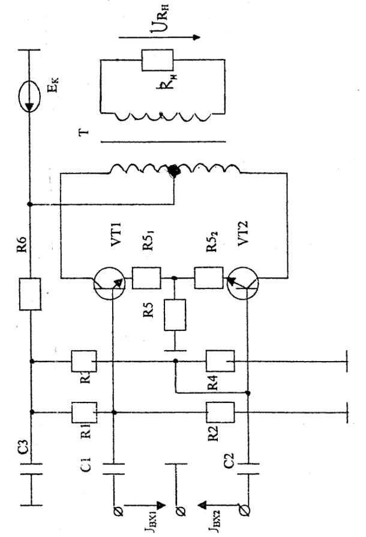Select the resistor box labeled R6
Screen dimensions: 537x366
[x=31, y=294]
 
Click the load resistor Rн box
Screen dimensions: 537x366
[x=157, y=59]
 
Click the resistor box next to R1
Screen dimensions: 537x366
[x=80, y=413]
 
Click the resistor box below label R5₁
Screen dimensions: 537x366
[x=146, y=279]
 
